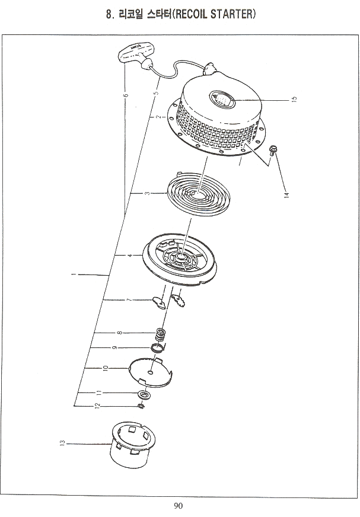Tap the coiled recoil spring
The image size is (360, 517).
point(199,194)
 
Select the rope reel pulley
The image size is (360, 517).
point(180,259)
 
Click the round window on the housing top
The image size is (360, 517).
point(222,99)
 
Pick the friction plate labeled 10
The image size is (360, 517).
point(151,372)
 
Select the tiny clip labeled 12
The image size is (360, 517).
point(141,406)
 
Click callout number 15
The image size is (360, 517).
point(295,99)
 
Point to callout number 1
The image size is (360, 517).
point(74,274)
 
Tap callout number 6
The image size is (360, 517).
point(125,95)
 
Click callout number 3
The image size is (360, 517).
point(147,193)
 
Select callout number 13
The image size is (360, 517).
point(63,442)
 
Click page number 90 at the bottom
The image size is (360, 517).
point(178,506)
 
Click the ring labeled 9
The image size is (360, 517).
point(157,347)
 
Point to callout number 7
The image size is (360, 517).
point(129,300)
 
